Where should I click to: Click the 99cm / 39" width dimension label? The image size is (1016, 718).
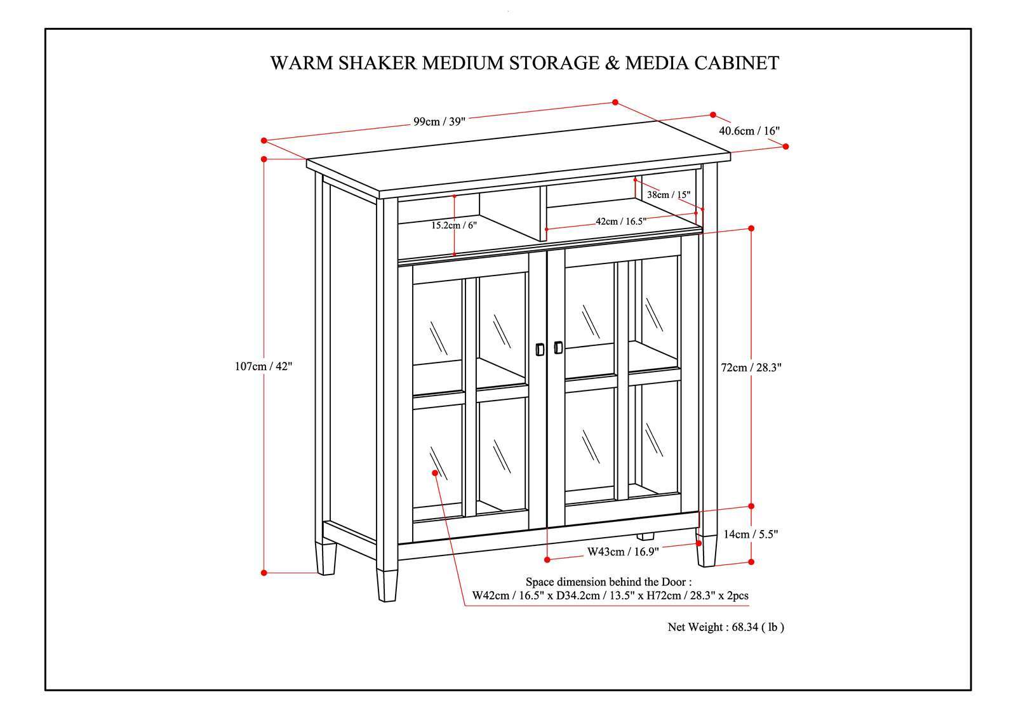(439, 122)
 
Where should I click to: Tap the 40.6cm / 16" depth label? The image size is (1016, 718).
(749, 131)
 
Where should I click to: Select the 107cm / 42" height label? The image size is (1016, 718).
(264, 366)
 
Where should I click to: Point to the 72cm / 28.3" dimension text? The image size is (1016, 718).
(751, 367)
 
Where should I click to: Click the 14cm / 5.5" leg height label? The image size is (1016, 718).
(751, 535)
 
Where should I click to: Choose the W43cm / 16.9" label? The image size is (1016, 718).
(622, 552)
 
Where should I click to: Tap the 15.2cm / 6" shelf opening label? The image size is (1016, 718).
(453, 225)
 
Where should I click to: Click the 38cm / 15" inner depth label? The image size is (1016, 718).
(668, 195)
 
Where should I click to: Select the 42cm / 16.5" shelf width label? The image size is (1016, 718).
(620, 222)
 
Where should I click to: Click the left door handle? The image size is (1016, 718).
(539, 349)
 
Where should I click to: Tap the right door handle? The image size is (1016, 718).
(558, 347)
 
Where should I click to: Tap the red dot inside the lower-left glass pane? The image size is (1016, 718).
(435, 473)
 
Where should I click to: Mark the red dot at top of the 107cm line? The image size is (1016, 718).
(264, 159)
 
